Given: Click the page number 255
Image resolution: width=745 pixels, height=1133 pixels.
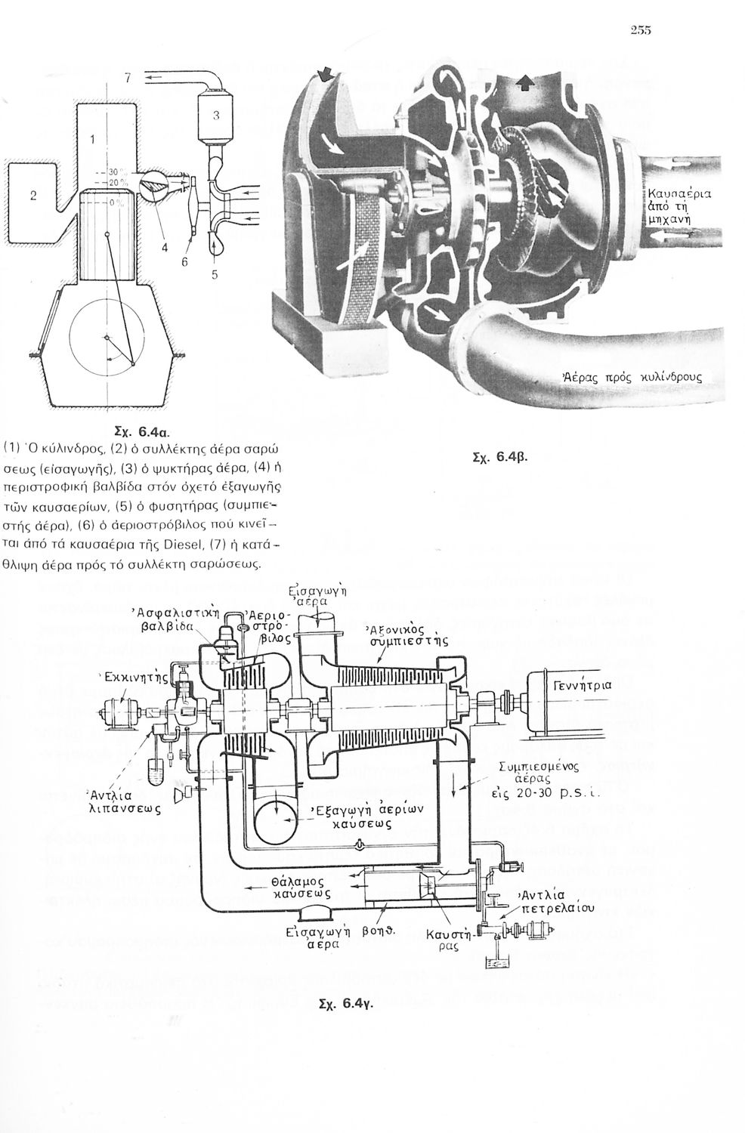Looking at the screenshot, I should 639,30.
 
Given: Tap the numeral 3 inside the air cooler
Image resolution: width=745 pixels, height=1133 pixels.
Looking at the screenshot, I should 216,116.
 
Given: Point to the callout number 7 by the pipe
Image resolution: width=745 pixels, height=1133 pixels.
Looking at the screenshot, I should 128,77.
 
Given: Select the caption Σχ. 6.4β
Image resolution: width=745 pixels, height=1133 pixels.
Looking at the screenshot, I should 496,456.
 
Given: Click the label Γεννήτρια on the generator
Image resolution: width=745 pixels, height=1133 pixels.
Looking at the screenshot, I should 583,686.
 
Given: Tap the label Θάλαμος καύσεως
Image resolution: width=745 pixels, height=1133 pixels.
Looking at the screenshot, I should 301,886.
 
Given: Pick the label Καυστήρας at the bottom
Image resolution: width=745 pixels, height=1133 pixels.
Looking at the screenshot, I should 449,940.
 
